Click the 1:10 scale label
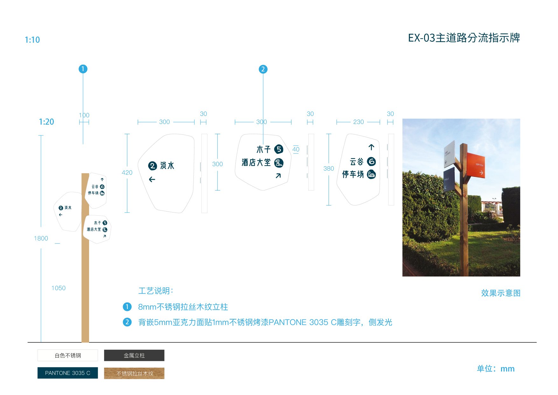(32, 40)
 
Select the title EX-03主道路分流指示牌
(464, 38)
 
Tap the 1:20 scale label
(46, 122)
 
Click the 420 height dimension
(127, 173)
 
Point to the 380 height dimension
(329, 169)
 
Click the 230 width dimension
(358, 122)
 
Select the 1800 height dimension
(41, 238)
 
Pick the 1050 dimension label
(59, 288)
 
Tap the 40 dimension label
(296, 149)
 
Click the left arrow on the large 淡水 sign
(152, 180)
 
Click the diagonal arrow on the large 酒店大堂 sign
(278, 176)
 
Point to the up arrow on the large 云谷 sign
(371, 147)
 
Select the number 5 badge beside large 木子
(279, 149)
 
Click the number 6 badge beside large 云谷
(371, 162)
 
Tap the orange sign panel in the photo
(476, 165)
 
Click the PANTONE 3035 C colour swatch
(67, 373)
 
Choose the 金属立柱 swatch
(134, 355)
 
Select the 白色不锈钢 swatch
(67, 355)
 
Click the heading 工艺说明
(156, 291)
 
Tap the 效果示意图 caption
(500, 293)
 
